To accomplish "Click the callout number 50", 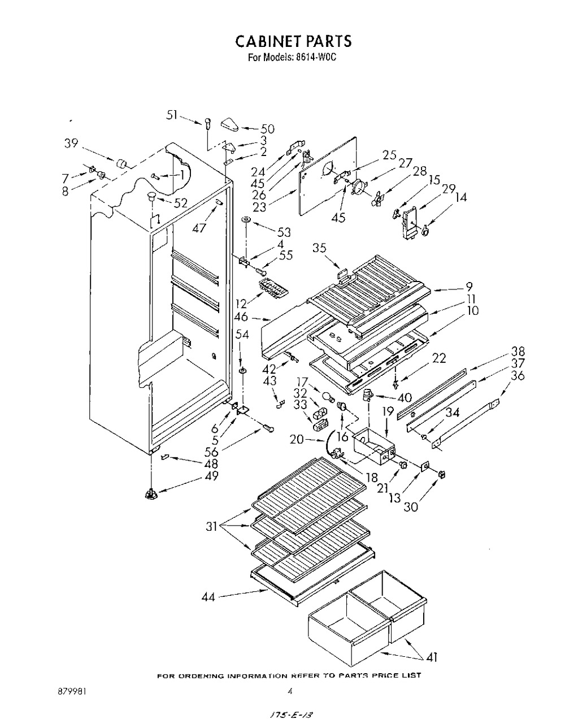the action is point(267,129).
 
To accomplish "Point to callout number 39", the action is point(71,143).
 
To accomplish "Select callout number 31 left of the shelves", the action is point(212,527).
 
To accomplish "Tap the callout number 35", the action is point(320,248).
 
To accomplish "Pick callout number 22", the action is point(439,358).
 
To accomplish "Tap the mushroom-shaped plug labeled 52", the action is point(151,196).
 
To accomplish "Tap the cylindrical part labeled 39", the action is point(121,163).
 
